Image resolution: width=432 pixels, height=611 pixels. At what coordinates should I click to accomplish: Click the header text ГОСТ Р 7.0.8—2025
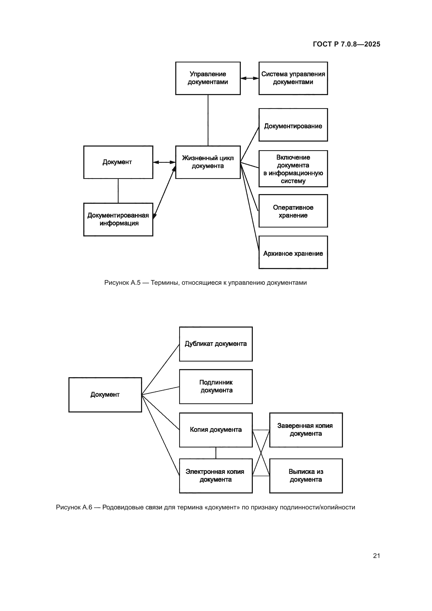(x=346, y=44)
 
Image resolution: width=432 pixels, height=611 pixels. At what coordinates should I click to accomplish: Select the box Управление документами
(x=208, y=78)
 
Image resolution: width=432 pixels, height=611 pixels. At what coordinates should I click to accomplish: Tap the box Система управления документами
(x=293, y=78)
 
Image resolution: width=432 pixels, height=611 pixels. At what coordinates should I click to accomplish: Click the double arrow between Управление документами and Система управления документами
(x=249, y=78)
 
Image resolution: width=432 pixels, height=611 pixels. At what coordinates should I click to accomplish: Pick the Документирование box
(x=293, y=125)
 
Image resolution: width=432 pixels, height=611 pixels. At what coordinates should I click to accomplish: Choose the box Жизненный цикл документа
(x=208, y=162)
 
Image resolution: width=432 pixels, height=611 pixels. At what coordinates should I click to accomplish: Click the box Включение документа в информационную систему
(x=293, y=169)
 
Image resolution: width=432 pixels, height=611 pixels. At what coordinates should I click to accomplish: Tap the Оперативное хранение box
(x=293, y=211)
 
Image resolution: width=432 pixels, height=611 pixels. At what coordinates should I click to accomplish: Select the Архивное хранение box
(x=293, y=252)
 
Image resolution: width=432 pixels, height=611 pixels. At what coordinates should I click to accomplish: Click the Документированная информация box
(x=118, y=219)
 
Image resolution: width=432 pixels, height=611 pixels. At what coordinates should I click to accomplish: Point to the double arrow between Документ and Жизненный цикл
(x=164, y=162)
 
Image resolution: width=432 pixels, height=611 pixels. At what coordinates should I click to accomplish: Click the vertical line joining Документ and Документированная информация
(x=118, y=190)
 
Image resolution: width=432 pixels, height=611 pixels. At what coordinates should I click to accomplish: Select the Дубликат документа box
(x=216, y=344)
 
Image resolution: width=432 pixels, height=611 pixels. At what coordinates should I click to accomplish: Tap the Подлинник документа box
(x=216, y=386)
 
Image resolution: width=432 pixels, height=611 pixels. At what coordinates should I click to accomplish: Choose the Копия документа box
(x=216, y=430)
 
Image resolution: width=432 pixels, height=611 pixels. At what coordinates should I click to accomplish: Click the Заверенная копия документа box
(x=306, y=430)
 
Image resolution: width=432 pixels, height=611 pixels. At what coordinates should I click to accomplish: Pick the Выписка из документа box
(x=306, y=475)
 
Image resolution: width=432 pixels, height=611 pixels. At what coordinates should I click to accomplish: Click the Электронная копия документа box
(x=216, y=475)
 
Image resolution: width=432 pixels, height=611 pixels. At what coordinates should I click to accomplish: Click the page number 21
(x=376, y=556)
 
